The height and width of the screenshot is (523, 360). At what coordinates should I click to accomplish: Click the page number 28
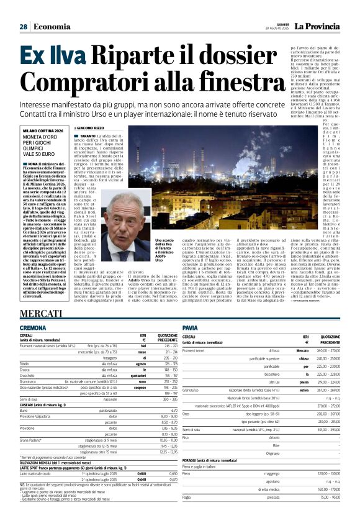[24, 27]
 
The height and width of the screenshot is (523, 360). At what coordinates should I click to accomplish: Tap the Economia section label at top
[52, 27]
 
